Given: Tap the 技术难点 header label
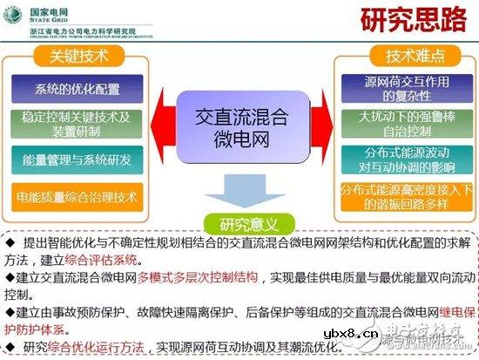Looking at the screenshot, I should [x=403, y=58].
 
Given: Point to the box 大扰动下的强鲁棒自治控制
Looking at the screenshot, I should [x=403, y=123].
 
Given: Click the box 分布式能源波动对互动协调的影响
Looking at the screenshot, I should [x=403, y=160].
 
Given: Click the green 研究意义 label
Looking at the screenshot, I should [x=240, y=221].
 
